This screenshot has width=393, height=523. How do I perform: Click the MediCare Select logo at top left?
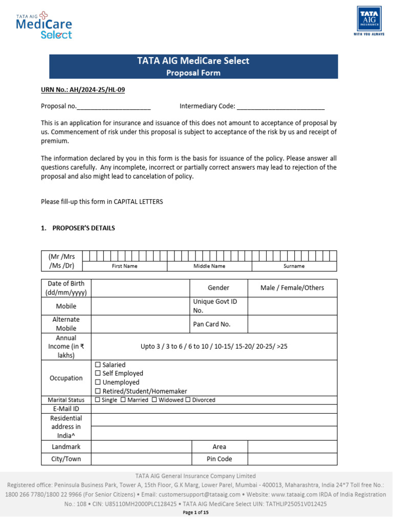[x=45, y=26]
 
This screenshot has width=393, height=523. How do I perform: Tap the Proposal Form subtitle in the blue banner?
[x=193, y=73]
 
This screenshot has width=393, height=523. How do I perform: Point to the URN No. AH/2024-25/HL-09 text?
[x=83, y=90]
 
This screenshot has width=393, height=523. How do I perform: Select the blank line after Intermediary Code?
[x=280, y=107]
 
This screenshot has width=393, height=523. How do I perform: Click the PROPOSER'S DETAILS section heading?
[x=83, y=228]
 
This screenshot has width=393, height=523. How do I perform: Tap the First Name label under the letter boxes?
[x=124, y=266]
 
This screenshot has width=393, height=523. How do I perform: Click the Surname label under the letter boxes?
[x=294, y=266]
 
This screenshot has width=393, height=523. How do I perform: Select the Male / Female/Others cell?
[x=292, y=288]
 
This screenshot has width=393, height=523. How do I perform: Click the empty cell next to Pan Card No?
[x=292, y=324]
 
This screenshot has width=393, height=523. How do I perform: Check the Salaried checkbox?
[x=98, y=365]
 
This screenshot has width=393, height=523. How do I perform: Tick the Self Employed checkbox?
[x=98, y=374]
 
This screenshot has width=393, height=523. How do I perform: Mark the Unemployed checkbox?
[x=98, y=383]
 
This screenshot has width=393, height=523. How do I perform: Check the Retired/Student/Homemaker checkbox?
[x=98, y=391]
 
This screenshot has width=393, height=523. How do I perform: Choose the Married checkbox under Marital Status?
[x=123, y=400]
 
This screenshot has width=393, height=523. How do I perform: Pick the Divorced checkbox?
[x=188, y=400]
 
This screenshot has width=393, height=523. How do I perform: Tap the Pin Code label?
[x=219, y=459]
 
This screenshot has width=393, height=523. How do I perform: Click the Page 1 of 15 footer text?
[x=196, y=513]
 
